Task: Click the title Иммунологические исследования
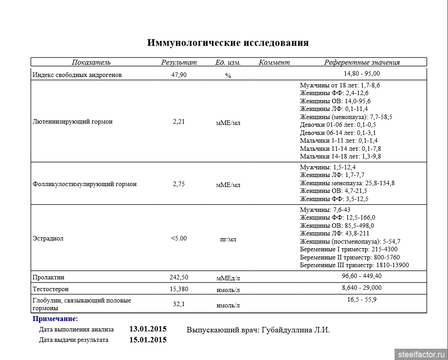pos(228,43)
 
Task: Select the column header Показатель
pos(91,62)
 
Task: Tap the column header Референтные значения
pos(362,62)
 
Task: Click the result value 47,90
pos(179,75)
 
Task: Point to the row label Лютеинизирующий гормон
pos(73,122)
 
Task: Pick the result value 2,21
pos(179,122)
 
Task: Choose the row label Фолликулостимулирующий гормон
pos(85,184)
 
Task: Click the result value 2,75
pos(179,184)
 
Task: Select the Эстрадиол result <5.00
pos(179,238)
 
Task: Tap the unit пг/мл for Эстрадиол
pos(228,239)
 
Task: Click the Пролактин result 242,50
pos(179,277)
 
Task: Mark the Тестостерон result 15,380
pos(179,289)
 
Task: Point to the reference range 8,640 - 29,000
pos(362,288)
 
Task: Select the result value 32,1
pos(179,304)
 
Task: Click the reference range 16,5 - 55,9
pos(362,300)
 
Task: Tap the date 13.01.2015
pos(148,329)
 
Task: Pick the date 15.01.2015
pos(148,340)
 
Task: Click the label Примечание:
pos(55,319)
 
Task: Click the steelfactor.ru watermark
pos(421,354)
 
